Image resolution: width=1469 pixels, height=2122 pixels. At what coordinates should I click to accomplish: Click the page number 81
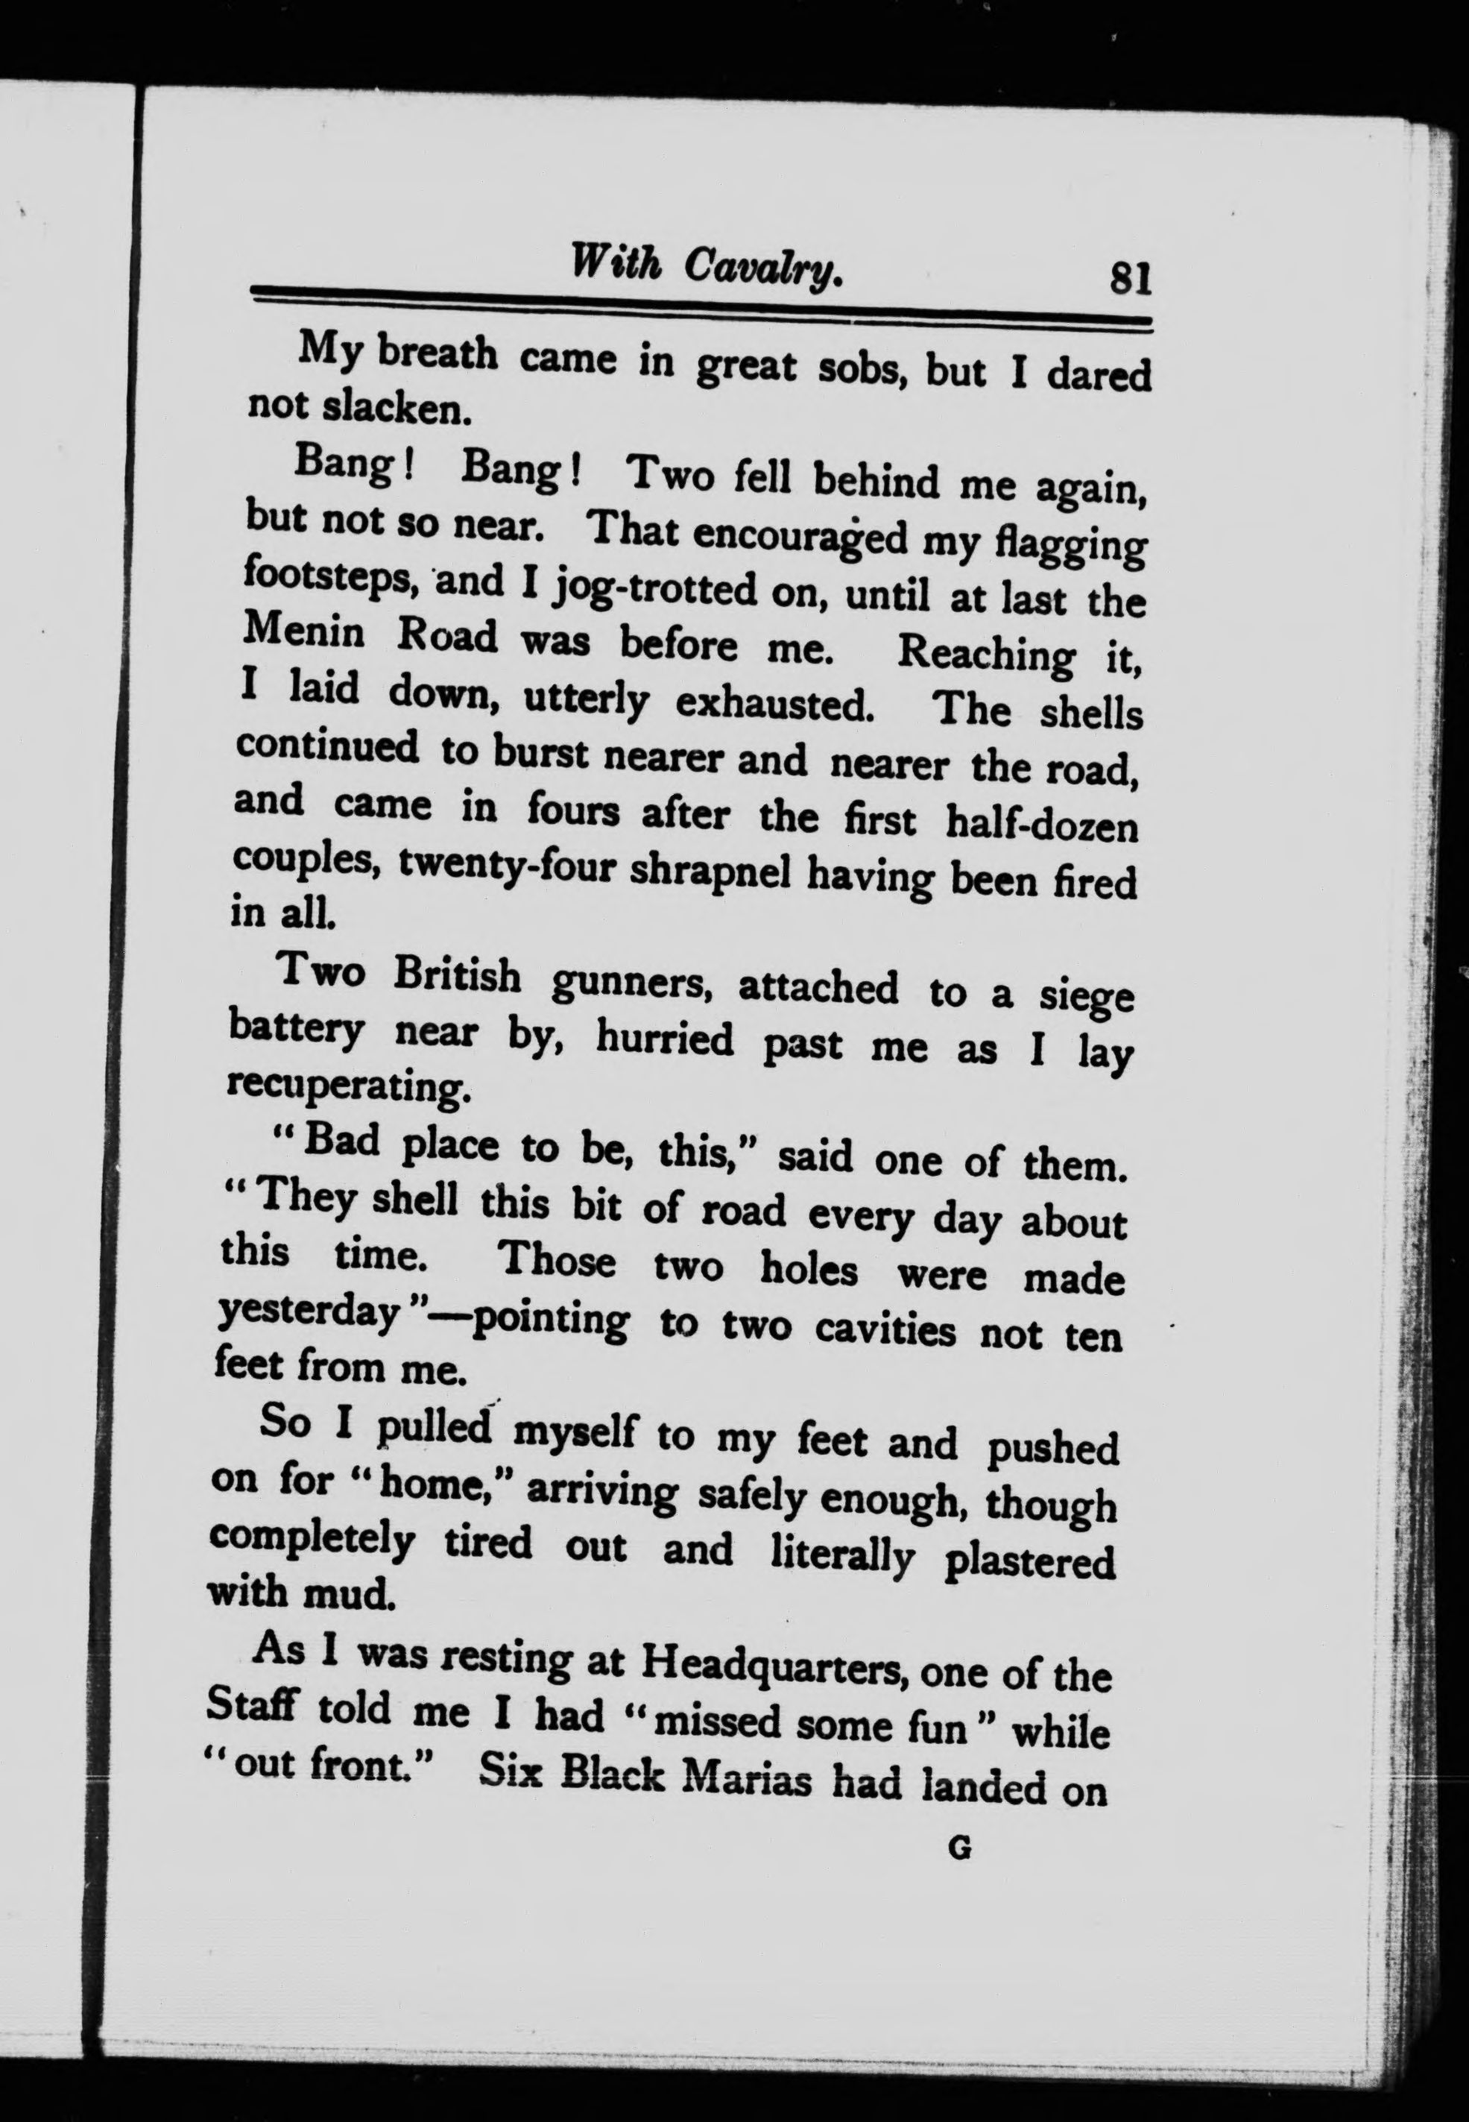(x=1131, y=276)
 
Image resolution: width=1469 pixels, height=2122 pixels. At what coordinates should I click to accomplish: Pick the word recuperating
(x=349, y=1086)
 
